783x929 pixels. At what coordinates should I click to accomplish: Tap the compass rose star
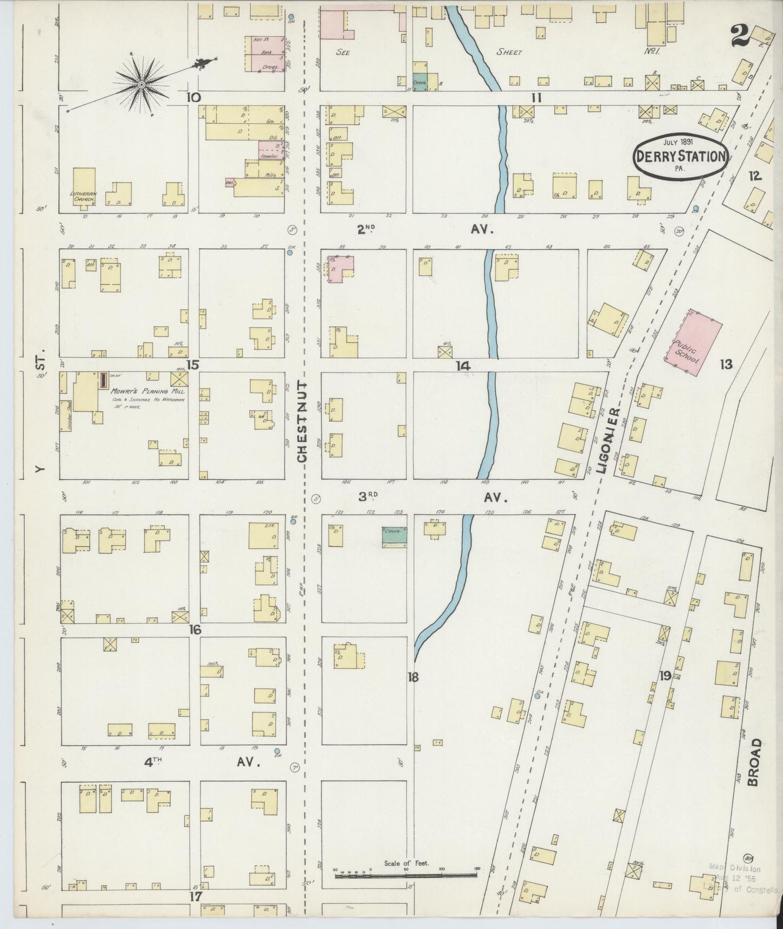pos(141,85)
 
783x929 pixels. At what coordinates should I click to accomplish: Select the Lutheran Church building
pos(84,186)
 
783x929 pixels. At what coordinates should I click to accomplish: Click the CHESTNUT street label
pos(302,422)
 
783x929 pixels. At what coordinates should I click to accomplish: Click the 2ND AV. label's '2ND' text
pos(366,229)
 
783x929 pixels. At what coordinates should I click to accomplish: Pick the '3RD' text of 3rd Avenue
pos(368,496)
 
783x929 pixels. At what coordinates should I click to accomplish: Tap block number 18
pos(413,676)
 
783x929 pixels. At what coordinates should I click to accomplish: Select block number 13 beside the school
pos(726,364)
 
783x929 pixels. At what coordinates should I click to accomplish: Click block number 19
pos(665,675)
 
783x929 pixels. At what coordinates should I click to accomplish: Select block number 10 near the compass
pos(193,98)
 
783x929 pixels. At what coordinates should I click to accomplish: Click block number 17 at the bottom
pos(195,896)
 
